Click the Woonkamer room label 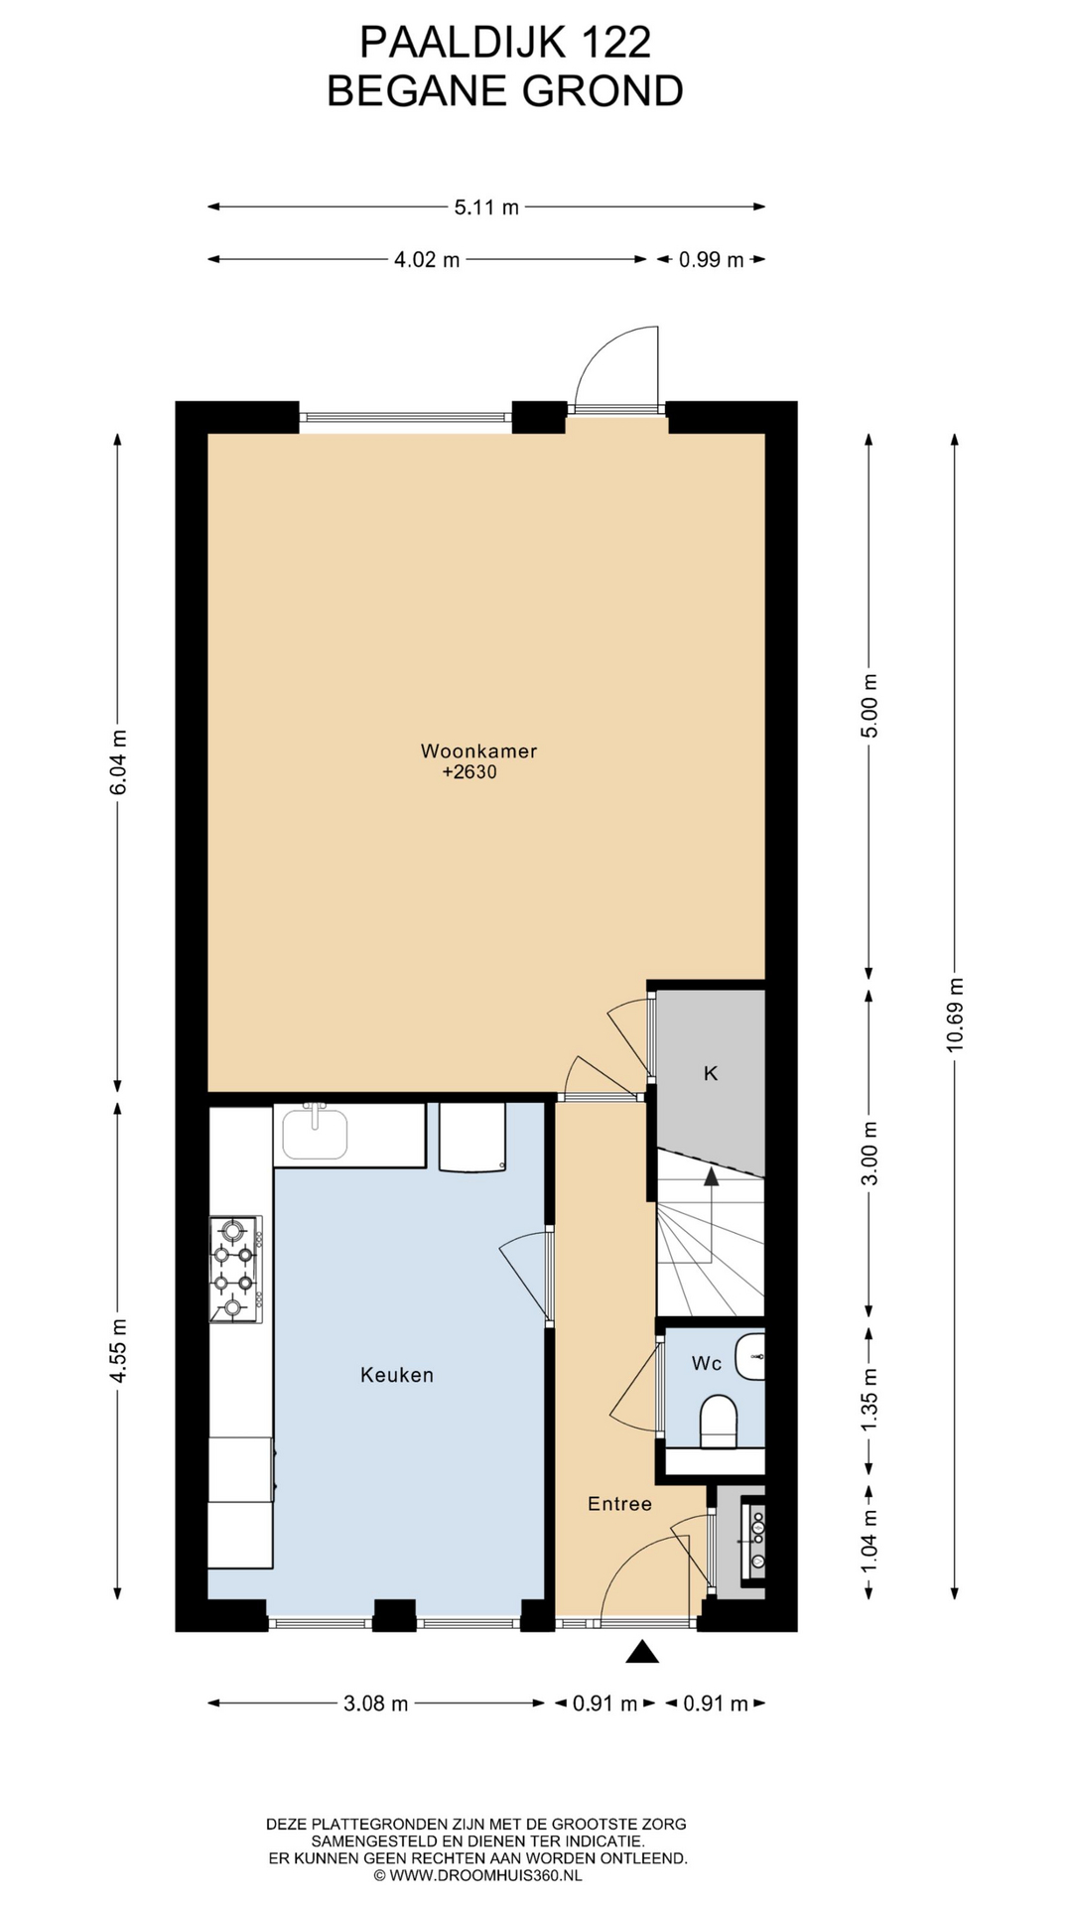478,750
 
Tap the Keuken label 397,1375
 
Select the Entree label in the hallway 619,1503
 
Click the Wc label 707,1363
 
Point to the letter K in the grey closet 711,1073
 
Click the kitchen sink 316,1133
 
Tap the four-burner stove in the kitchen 235,1268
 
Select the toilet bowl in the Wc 718,1421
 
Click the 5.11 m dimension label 486,207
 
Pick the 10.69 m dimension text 954,1014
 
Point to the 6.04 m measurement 118,762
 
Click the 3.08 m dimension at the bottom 376,1703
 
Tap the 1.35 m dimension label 870,1399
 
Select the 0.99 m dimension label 711,260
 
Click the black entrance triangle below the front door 643,1652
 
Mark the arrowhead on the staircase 711,1177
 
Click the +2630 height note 469,772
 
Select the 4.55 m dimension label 118,1351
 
